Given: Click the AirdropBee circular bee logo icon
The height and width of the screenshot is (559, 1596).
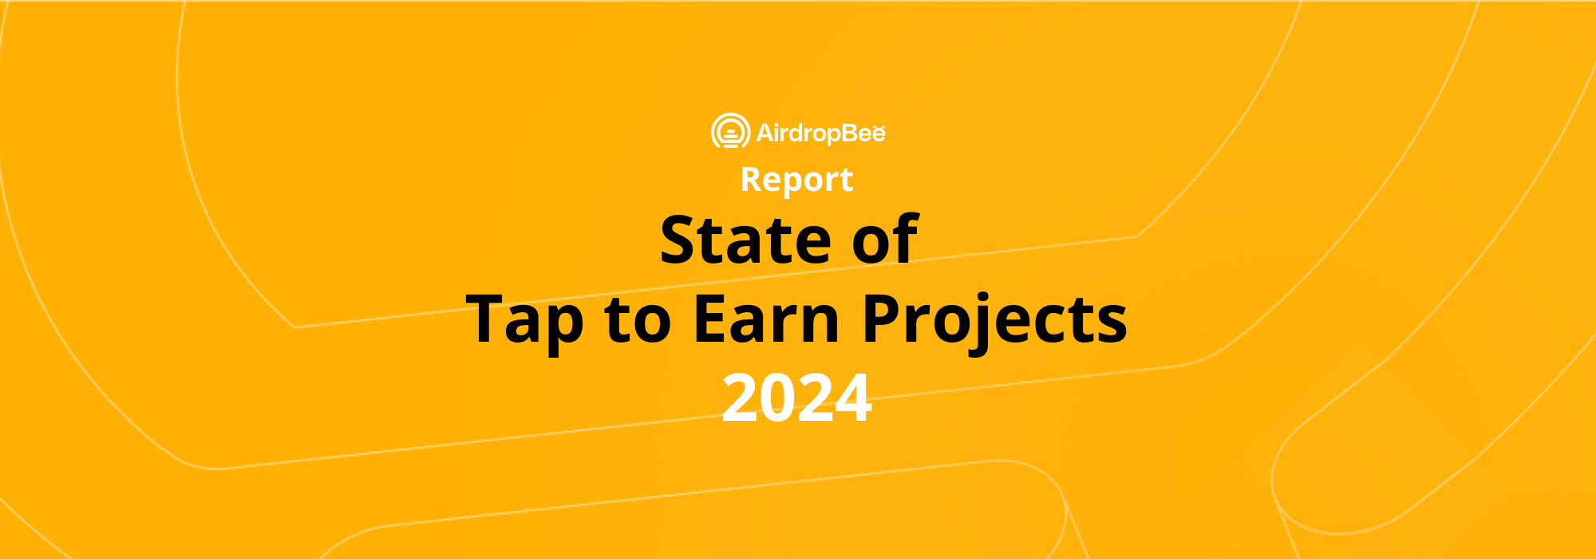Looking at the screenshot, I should (730, 132).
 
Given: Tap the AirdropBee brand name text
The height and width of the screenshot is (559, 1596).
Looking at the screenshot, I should (821, 133).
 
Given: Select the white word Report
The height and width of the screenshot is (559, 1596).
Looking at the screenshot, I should (796, 180).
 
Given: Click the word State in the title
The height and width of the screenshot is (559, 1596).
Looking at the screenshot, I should (745, 240).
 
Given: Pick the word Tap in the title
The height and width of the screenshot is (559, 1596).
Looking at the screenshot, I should (524, 320).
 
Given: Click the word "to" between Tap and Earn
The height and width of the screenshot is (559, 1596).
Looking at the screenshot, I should (637, 320).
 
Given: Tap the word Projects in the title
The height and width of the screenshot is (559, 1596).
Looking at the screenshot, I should (994, 320).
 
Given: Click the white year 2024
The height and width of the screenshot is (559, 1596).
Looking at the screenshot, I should (796, 398).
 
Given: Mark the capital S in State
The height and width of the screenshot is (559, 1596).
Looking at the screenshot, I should (681, 240).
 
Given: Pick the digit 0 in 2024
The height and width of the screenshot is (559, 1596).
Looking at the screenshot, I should (779, 398).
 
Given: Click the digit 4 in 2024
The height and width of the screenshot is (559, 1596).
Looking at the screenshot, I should (851, 398).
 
